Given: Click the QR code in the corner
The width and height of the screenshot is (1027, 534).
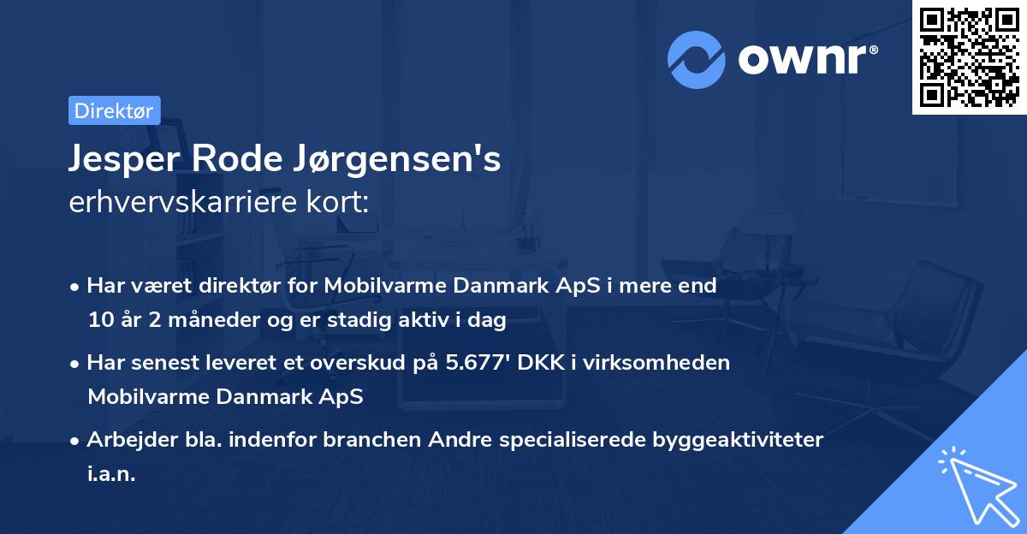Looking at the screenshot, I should coord(970,57).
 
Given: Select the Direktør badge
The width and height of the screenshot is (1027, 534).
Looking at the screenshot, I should coord(114,110).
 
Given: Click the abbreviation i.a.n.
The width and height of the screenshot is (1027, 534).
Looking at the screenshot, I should coord(111,473).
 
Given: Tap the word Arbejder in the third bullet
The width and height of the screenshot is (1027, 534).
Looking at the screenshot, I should coord(124,440).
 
